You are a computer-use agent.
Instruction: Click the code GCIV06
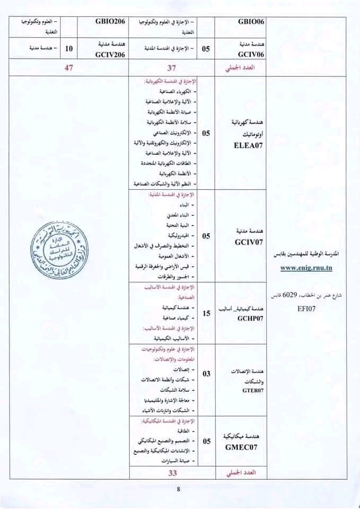243,54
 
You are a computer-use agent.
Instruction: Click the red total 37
171,68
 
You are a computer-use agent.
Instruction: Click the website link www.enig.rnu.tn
307,267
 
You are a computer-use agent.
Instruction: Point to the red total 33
171,472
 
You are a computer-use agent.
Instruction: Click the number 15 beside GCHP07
207,314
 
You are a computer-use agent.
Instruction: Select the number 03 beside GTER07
207,374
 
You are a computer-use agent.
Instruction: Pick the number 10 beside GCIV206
69,49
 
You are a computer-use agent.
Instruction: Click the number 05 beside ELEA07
207,133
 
